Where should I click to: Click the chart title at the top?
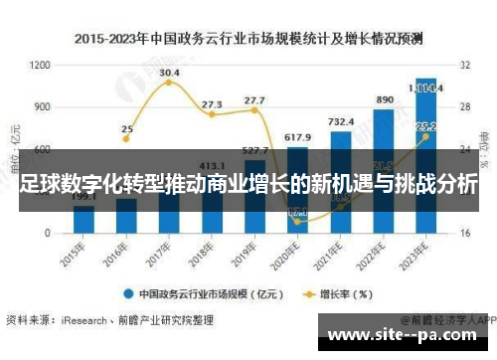click(248, 39)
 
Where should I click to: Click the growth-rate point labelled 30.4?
click(169, 83)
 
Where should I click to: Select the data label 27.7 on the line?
click(254, 100)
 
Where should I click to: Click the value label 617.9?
click(297, 136)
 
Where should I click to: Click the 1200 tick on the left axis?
click(41, 65)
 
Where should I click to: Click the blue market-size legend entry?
click(199, 294)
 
